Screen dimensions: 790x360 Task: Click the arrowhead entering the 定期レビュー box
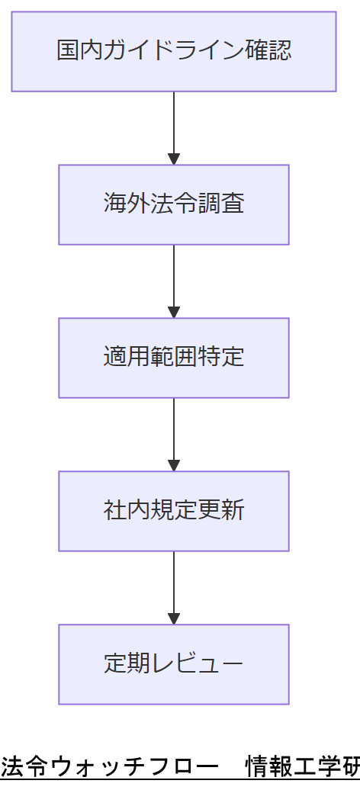tap(174, 618)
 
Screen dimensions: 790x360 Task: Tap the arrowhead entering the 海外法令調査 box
tap(174, 159)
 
